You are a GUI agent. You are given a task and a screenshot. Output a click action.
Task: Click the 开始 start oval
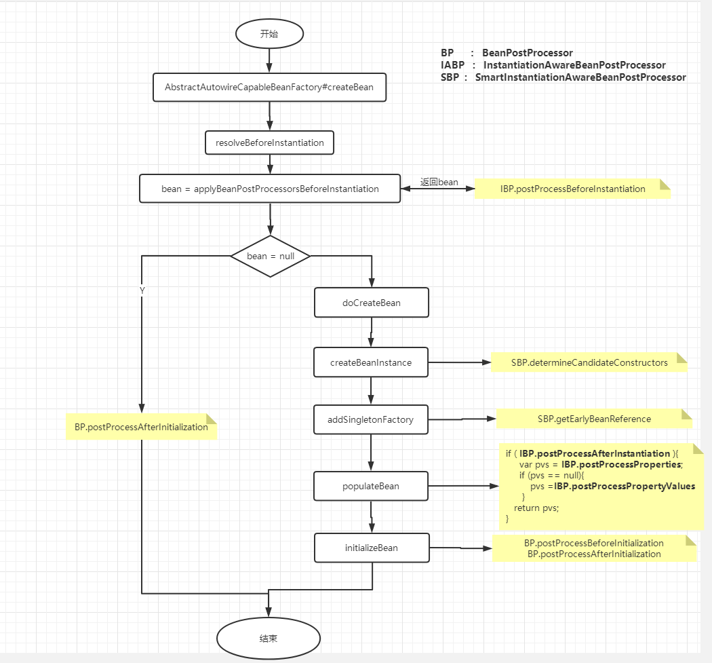[x=269, y=34]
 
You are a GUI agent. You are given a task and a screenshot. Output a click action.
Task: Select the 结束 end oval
[x=268, y=639]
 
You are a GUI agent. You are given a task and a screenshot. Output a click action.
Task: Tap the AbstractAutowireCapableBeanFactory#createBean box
[x=269, y=88]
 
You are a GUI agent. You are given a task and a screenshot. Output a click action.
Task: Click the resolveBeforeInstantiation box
[x=270, y=143]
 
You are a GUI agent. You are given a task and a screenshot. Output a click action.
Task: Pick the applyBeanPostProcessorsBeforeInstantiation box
[x=270, y=189]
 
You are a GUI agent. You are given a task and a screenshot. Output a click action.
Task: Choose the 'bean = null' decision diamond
[x=271, y=257]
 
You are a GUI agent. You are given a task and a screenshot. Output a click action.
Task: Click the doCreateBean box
[x=372, y=303]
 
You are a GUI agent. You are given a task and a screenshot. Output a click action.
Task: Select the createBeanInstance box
[x=372, y=362]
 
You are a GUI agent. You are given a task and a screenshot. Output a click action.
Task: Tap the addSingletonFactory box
[x=371, y=419]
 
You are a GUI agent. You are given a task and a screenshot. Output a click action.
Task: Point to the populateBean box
[x=372, y=486]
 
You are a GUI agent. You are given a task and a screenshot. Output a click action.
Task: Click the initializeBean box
[x=372, y=548]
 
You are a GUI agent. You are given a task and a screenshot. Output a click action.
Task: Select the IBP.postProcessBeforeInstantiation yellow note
[x=572, y=189]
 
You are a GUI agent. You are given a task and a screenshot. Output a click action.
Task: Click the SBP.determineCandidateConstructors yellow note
[x=589, y=362]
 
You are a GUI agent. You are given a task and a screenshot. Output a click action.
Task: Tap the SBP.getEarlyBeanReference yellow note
[x=594, y=419]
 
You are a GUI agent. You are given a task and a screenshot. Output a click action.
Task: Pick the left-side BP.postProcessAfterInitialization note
[x=141, y=427]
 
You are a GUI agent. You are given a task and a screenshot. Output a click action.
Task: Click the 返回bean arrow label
[x=439, y=182]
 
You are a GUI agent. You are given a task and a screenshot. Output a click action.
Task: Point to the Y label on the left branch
[x=142, y=290]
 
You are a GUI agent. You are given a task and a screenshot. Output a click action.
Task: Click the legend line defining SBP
[x=563, y=77]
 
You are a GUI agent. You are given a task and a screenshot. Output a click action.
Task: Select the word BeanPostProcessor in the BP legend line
[x=527, y=53]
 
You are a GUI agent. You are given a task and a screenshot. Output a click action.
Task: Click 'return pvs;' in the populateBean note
[x=536, y=508]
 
